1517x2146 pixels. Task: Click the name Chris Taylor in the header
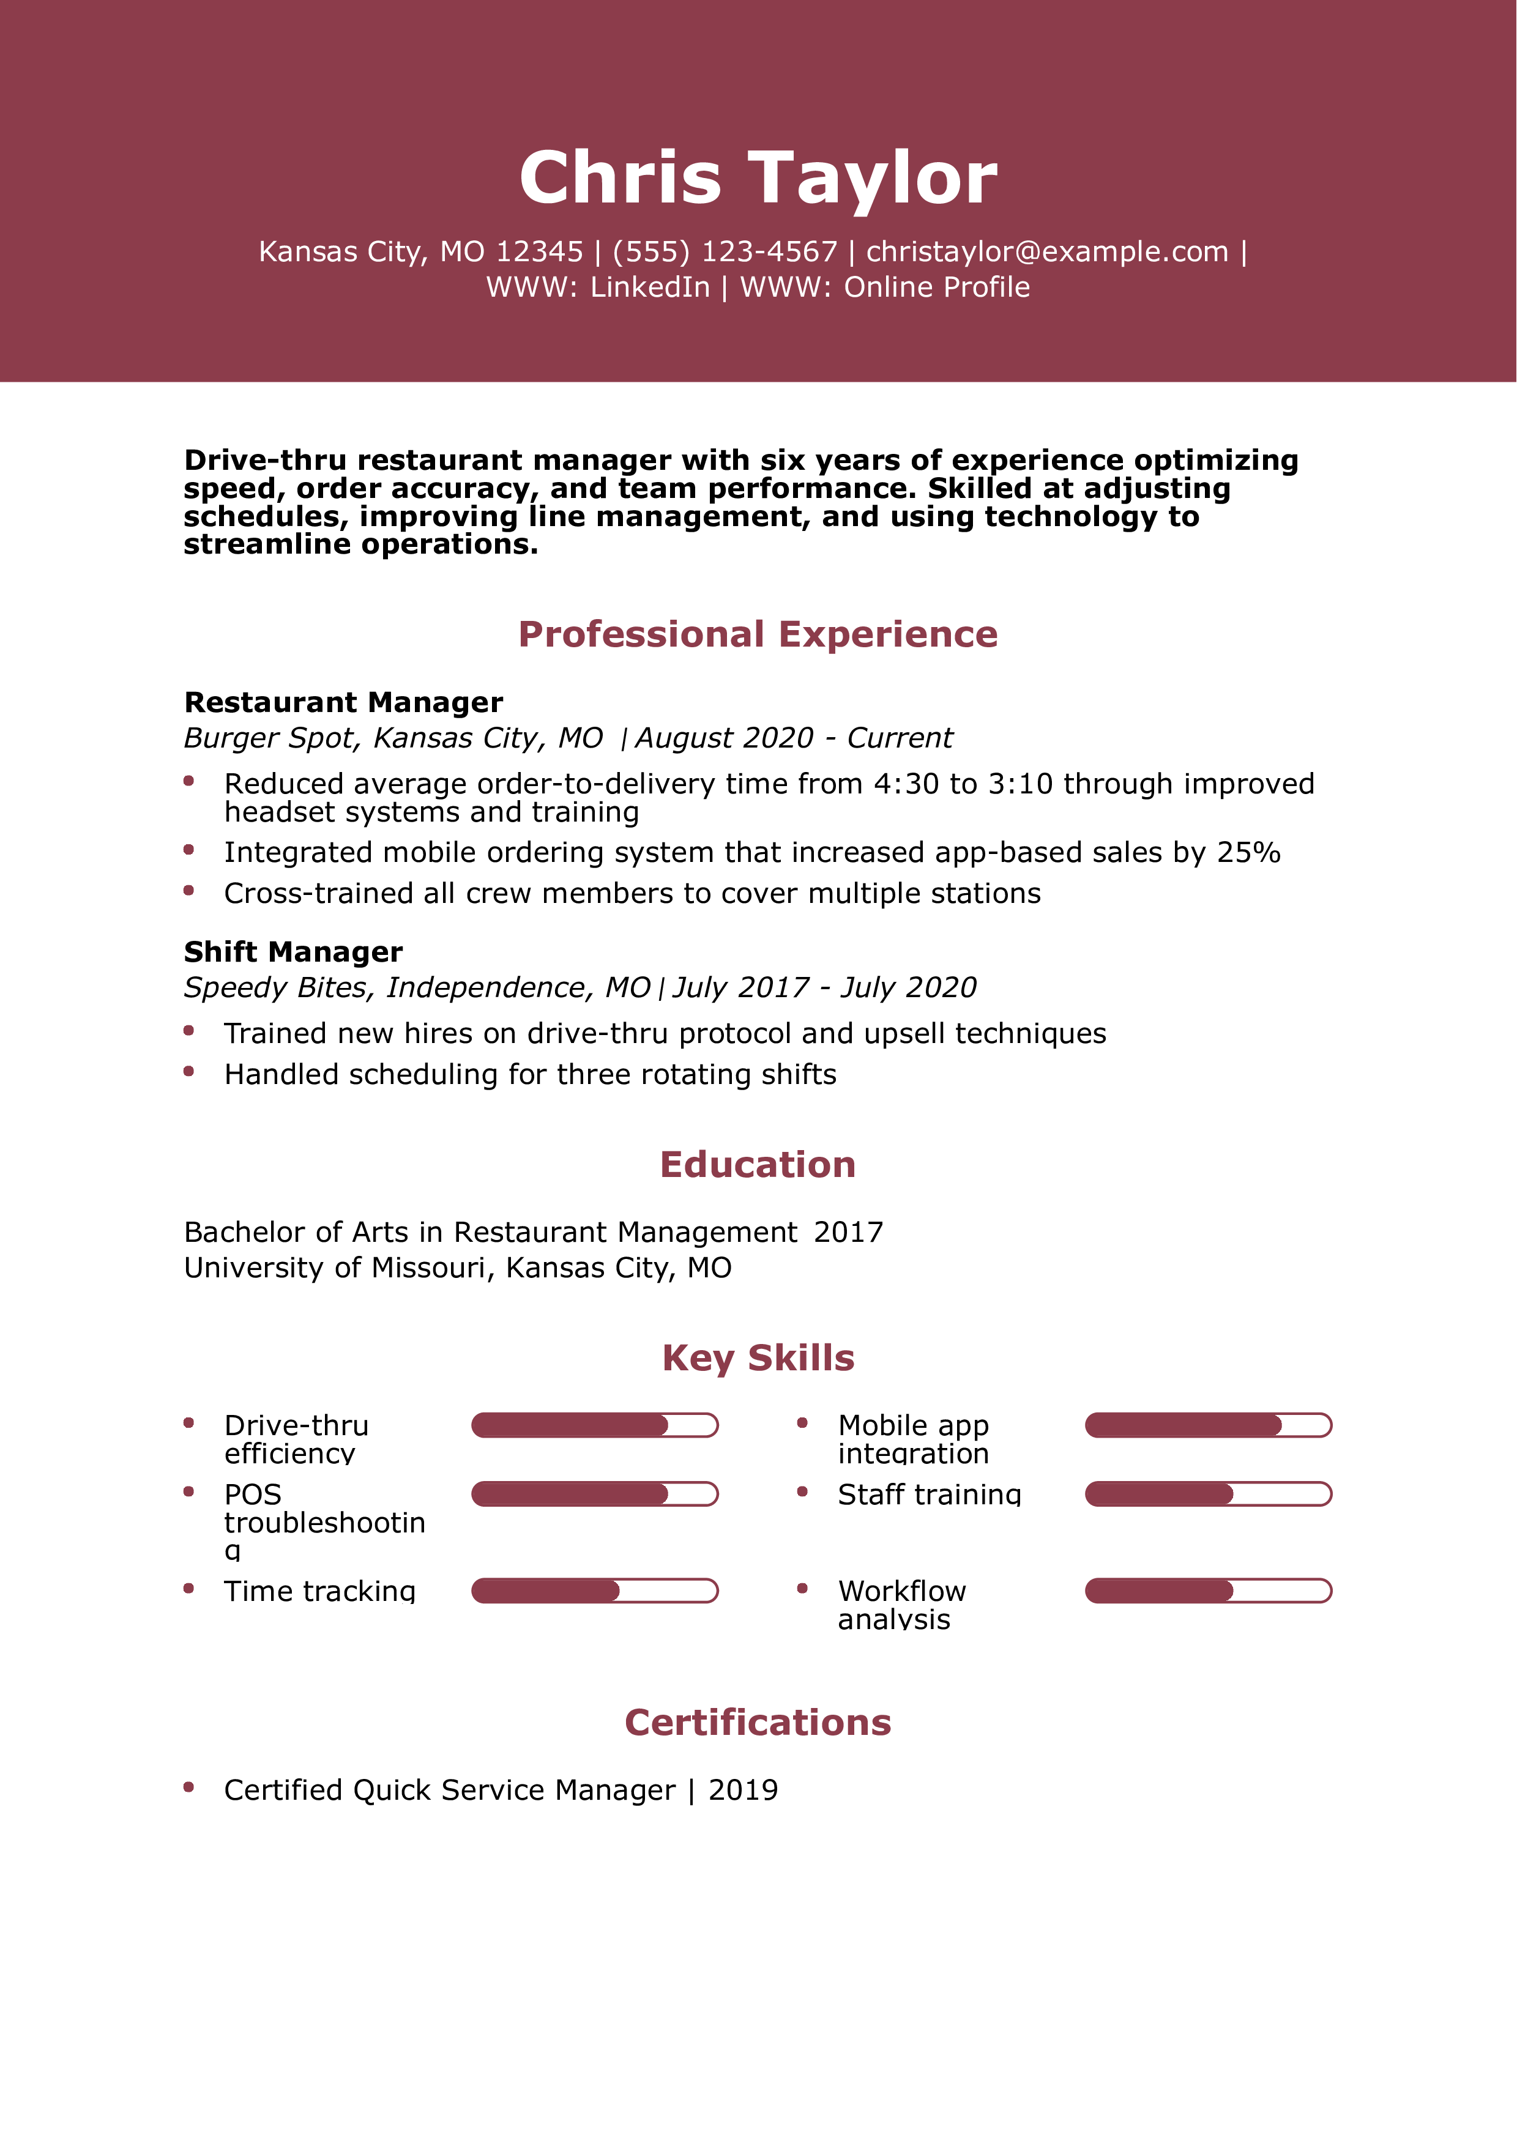[758, 177]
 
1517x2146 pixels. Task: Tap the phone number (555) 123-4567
[725, 251]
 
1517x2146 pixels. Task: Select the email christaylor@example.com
[1047, 251]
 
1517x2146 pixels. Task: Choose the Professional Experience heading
[758, 634]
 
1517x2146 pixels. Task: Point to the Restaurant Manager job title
[343, 702]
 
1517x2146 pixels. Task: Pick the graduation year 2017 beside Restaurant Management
[848, 1232]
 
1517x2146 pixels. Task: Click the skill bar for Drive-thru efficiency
[594, 1425]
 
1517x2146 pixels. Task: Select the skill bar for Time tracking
[594, 1591]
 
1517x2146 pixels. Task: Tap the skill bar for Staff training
[1207, 1494]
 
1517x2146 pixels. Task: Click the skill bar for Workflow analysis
[1207, 1591]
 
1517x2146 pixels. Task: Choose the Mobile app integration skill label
[913, 1439]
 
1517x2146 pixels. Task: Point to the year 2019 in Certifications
[743, 1790]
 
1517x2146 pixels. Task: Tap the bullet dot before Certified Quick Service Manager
[189, 1787]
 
